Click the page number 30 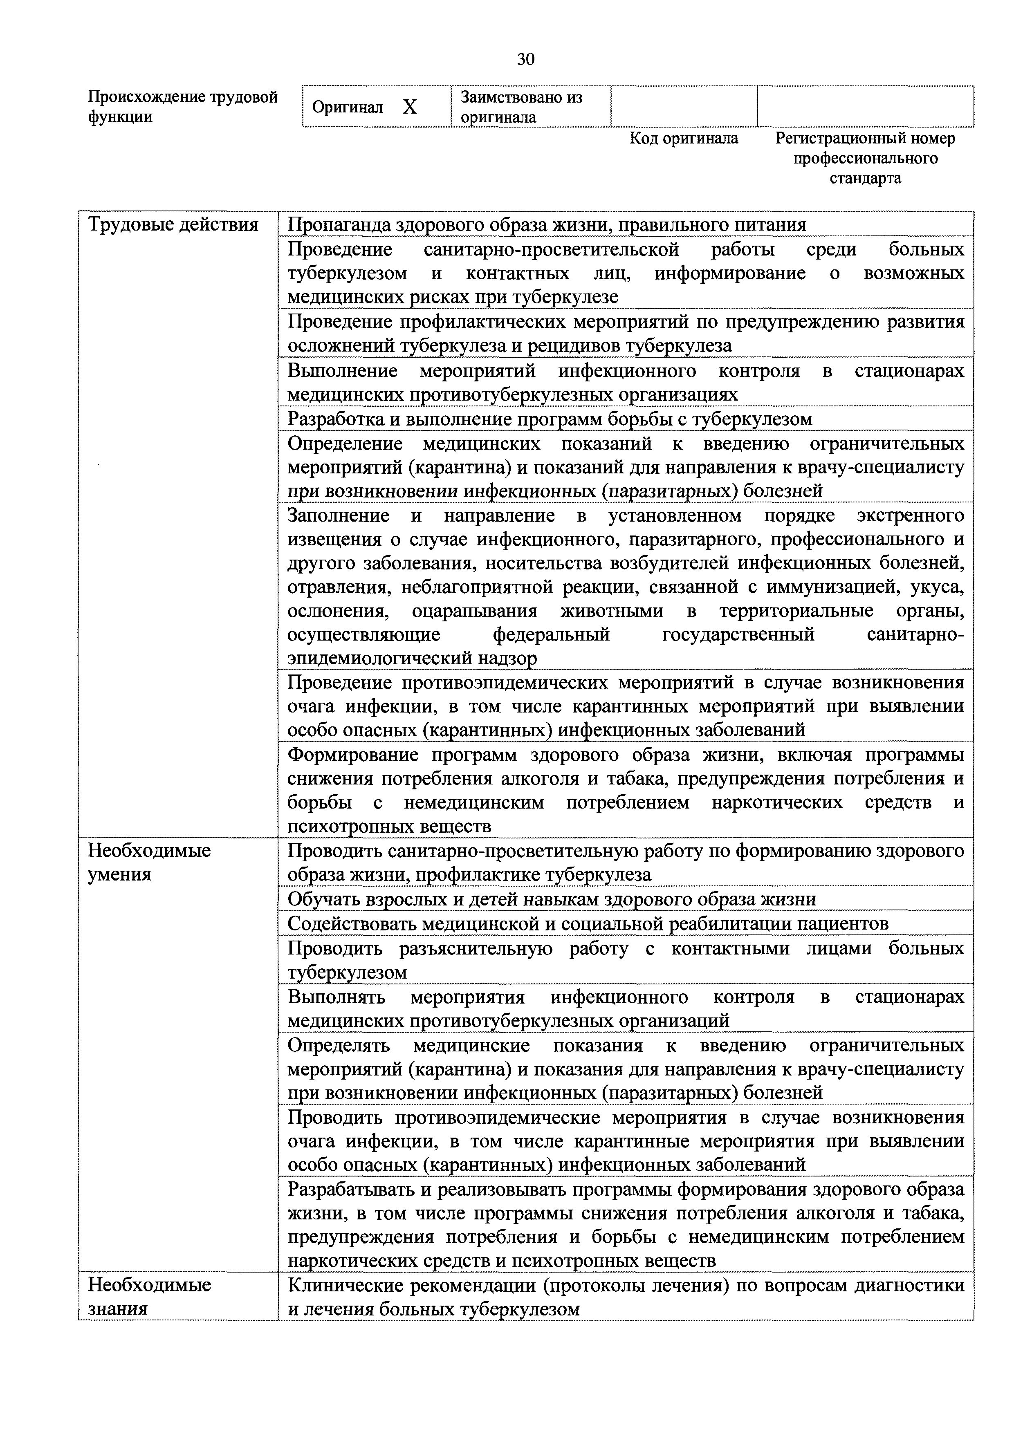click(x=525, y=59)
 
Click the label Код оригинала click(x=684, y=138)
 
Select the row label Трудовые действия click(x=173, y=225)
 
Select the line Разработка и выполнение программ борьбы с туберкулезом click(x=550, y=419)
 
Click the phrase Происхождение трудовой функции click(x=182, y=107)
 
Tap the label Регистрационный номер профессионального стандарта click(x=865, y=158)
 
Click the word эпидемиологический click(x=380, y=658)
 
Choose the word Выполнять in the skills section click(x=336, y=997)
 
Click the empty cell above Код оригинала click(x=684, y=107)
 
